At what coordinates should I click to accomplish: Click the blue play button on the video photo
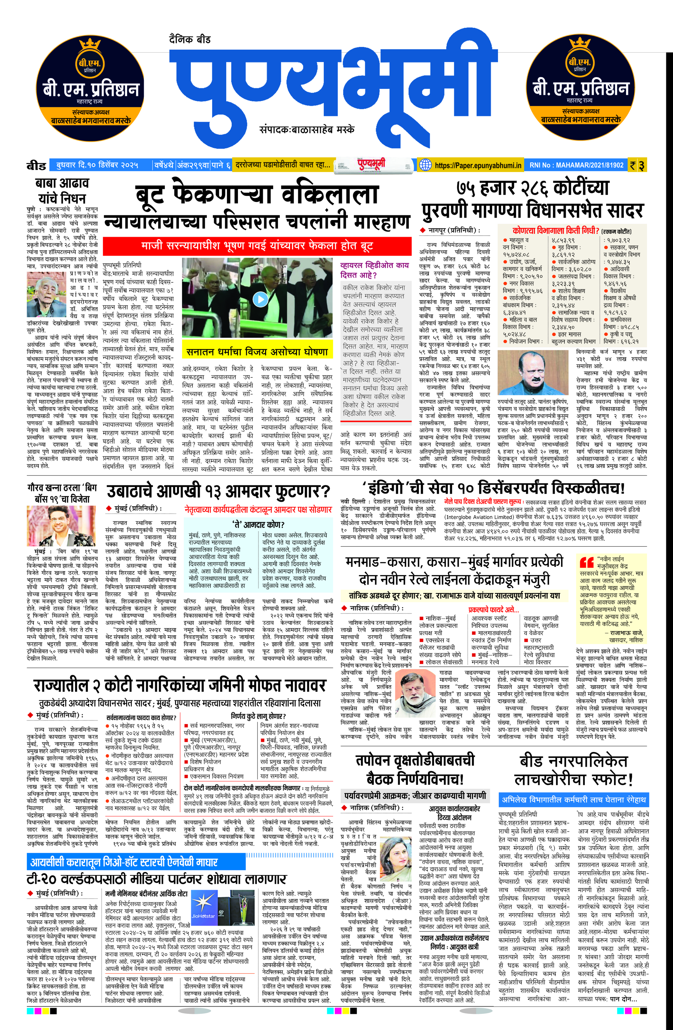(x=260, y=299)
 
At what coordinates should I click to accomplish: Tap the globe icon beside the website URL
(x=426, y=165)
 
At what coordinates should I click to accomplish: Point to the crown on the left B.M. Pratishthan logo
(x=90, y=44)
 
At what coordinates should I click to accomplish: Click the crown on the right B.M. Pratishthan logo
(x=579, y=44)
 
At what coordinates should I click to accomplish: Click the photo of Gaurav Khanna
(x=61, y=526)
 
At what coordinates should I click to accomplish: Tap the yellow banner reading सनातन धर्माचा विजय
(x=257, y=352)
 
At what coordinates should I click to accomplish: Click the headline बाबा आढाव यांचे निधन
(x=62, y=191)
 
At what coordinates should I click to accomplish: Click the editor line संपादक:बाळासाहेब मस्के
(x=307, y=129)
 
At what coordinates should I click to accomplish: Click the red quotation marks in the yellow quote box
(x=587, y=562)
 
